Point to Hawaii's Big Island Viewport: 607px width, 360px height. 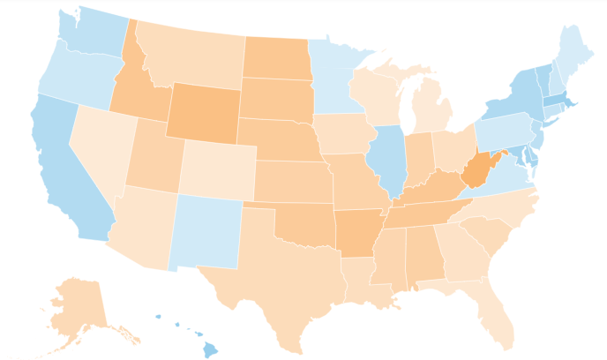(x=209, y=349)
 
